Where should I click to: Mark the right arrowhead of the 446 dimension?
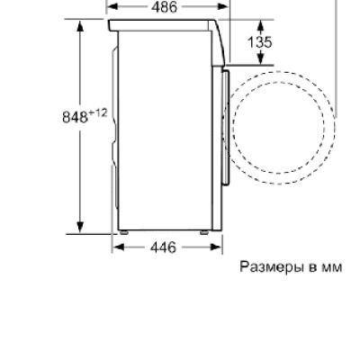coord(217,247)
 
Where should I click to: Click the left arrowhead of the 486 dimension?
coord(111,6)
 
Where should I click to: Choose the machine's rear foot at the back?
coord(123,236)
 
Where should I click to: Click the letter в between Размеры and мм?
coord(312,267)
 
